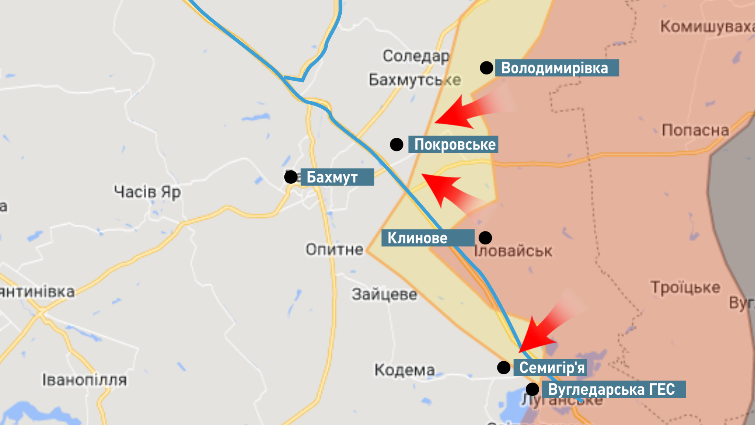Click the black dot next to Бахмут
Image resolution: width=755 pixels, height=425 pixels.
tap(291, 177)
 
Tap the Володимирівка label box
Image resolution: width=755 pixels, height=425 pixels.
tap(556, 68)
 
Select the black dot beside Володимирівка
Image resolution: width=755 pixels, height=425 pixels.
tap(486, 68)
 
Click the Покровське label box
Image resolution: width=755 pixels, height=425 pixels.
tap(453, 144)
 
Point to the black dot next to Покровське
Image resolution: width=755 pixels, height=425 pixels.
tap(396, 144)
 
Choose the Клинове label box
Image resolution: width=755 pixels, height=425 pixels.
tap(427, 238)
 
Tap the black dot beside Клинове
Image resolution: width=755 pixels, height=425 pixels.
tap(485, 238)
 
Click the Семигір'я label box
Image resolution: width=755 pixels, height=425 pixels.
tap(550, 368)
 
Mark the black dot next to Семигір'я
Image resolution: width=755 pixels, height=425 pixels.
tap(504, 368)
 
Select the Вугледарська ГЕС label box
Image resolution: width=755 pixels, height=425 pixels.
tap(614, 389)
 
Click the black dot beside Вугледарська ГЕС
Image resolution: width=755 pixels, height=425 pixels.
tap(532, 389)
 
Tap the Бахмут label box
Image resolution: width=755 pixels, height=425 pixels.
tap(337, 177)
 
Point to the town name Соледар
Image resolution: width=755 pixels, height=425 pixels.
tap(416, 56)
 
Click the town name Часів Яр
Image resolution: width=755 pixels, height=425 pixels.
tap(147, 192)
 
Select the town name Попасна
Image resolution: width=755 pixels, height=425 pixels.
tap(695, 130)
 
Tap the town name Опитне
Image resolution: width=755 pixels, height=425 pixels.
tap(335, 249)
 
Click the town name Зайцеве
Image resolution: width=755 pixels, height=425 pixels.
tap(384, 294)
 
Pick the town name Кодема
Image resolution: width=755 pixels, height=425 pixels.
tap(405, 370)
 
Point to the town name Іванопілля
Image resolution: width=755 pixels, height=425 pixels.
tap(85, 380)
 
